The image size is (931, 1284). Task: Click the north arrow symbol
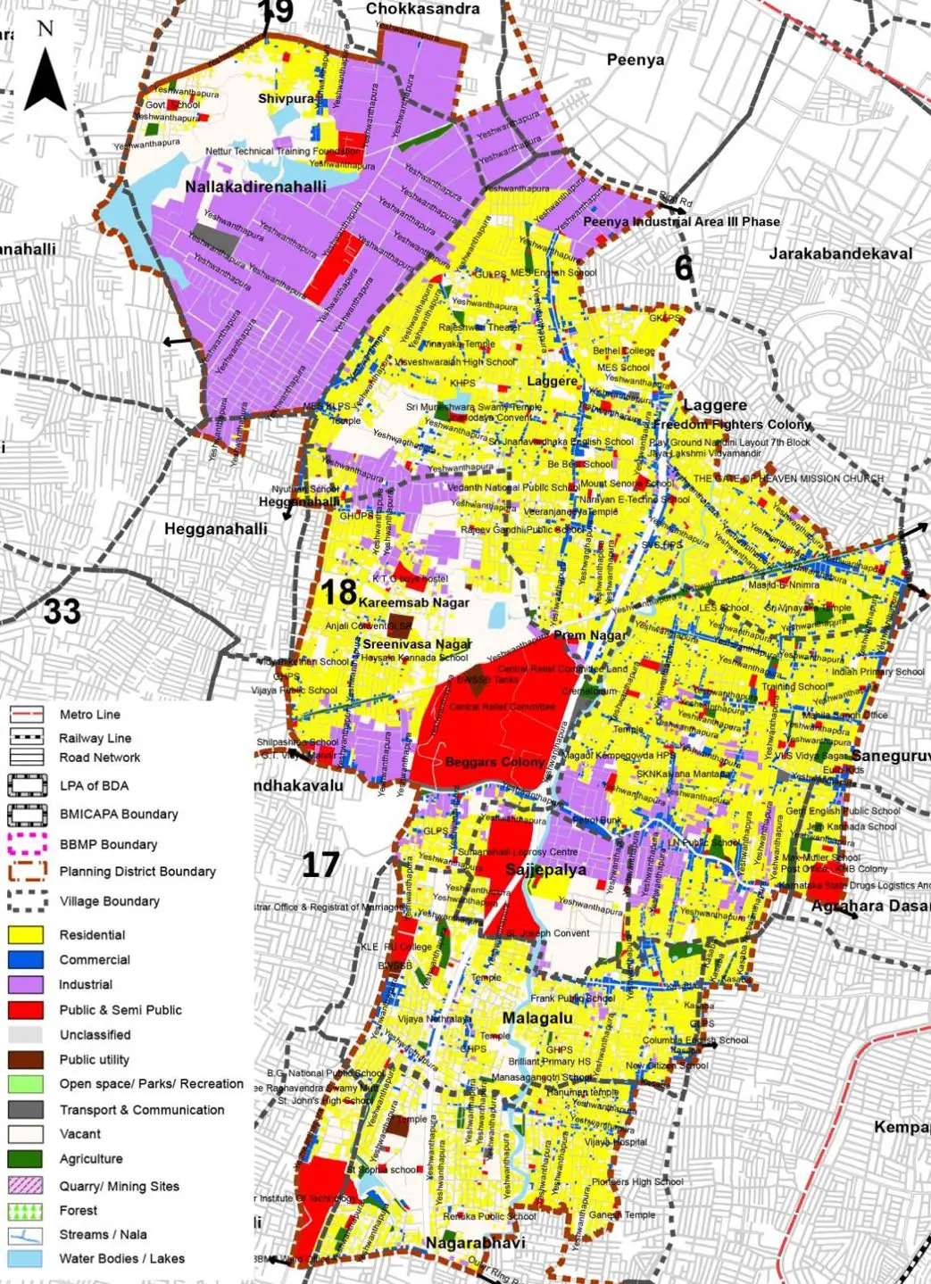click(46, 76)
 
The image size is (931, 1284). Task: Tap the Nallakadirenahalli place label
click(255, 187)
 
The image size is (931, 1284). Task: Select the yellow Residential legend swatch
click(26, 935)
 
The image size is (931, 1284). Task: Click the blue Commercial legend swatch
click(26, 960)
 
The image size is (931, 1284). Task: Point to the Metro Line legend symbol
click(26, 715)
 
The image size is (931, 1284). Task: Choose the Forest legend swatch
click(26, 1211)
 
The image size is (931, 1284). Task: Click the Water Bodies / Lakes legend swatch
click(26, 1259)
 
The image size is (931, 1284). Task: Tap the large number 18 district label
click(338, 592)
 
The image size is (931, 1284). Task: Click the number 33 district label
click(62, 612)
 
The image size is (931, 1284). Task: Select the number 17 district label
click(320, 865)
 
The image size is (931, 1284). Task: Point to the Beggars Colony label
click(495, 762)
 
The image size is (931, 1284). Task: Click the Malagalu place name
click(537, 1018)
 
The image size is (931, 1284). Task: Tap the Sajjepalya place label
click(545, 869)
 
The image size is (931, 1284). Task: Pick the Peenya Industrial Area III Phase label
click(681, 221)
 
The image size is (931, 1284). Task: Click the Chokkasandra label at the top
click(422, 9)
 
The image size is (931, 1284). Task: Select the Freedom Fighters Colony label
click(732, 424)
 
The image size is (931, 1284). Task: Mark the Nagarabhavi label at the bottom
click(475, 1243)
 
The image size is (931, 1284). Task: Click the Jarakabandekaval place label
click(841, 254)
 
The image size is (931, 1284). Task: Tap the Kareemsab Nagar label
click(414, 602)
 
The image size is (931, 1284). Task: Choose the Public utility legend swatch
click(26, 1060)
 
